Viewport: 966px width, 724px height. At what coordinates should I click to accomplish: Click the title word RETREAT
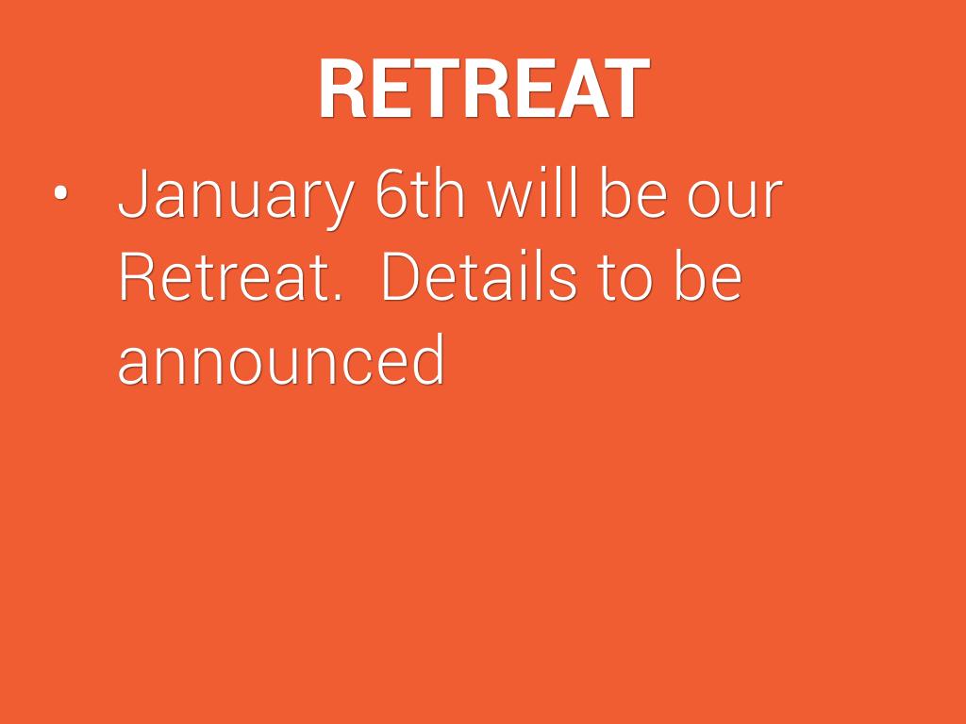click(484, 88)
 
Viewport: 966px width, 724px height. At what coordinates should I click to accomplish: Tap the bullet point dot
click(60, 192)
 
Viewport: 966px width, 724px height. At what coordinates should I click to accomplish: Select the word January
click(236, 194)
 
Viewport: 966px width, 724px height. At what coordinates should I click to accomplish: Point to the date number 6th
click(420, 192)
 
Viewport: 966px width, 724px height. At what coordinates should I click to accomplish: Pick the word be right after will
click(633, 191)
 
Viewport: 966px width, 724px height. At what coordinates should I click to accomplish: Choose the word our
click(735, 199)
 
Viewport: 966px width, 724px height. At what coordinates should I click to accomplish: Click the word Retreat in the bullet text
click(223, 275)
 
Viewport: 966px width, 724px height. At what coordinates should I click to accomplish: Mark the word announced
click(281, 358)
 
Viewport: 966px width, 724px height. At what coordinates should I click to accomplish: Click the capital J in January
click(132, 192)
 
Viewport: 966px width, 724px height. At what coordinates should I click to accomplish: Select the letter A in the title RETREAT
click(581, 88)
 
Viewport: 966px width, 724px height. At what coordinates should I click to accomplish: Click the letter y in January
click(338, 205)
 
